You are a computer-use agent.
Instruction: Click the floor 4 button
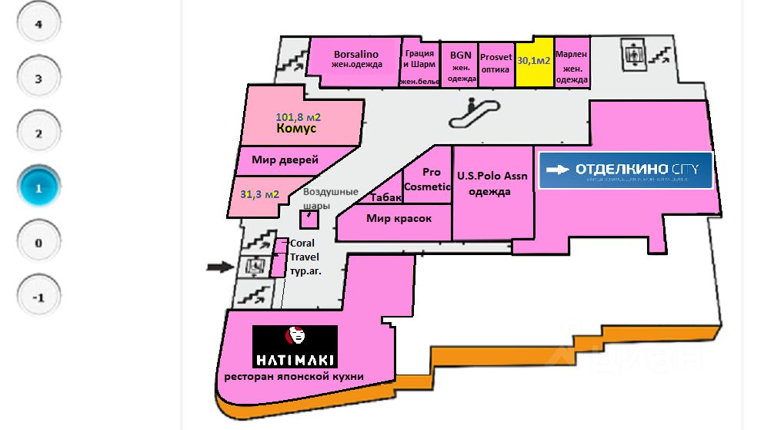pos(38,23)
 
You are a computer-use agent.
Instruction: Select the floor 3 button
pos(38,78)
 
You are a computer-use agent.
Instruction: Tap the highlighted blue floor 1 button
pos(38,187)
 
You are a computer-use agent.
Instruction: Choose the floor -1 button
pos(38,297)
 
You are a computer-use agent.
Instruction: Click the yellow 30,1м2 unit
pos(534,61)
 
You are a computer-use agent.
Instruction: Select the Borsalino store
pos(356,59)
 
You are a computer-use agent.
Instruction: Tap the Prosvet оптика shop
pos(496,62)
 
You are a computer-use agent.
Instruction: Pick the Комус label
pos(296,129)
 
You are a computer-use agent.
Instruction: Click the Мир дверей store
pos(285,160)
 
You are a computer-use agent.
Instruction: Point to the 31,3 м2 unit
pos(259,193)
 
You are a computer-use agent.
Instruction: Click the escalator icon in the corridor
pos(471,113)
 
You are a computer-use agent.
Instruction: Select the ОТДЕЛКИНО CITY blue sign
pos(626,170)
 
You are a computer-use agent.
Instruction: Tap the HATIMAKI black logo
pos(295,346)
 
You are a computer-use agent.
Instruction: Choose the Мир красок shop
pos(399,219)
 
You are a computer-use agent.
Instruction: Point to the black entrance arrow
pos(220,267)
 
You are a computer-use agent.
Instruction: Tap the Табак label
pos(386,197)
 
